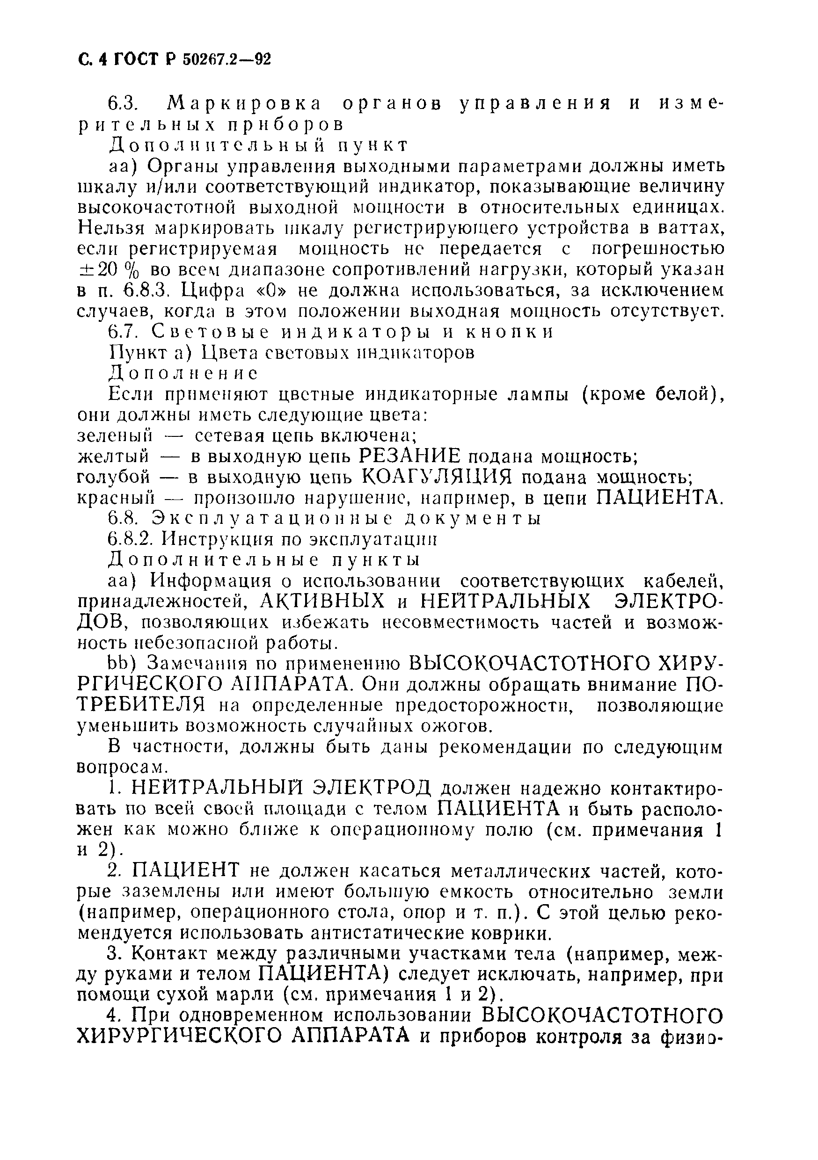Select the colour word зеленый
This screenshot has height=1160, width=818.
[x=115, y=435]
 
